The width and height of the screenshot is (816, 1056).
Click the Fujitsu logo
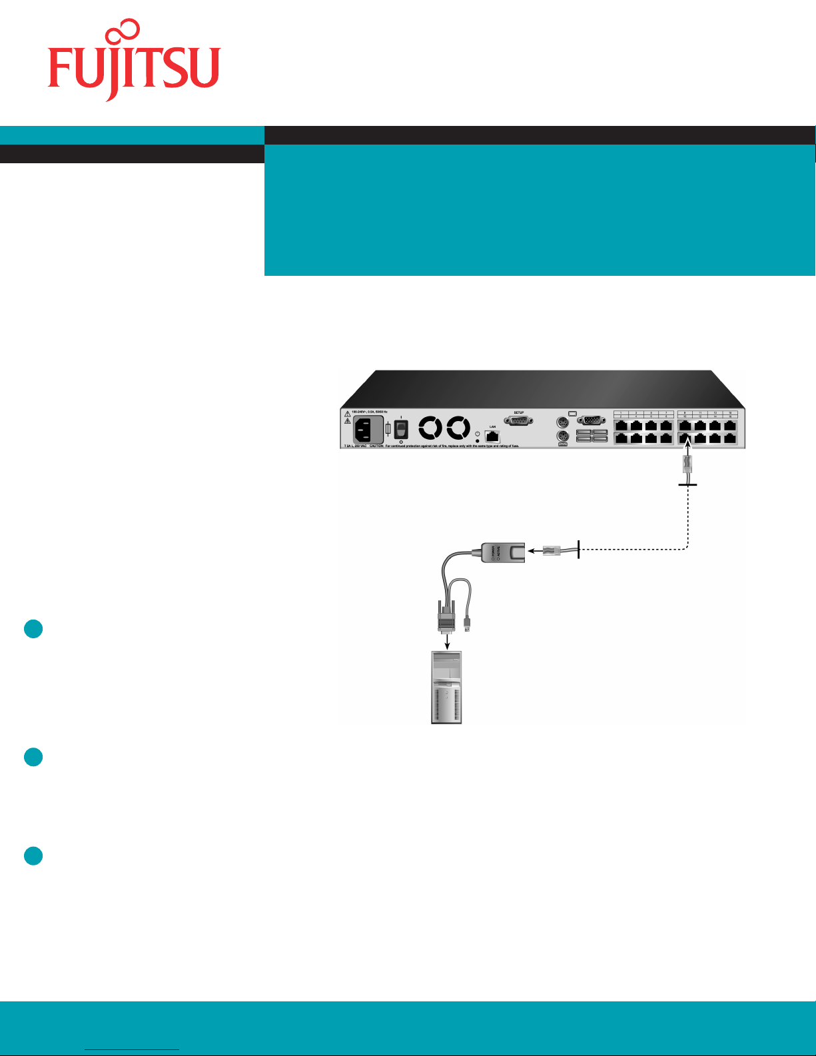[x=133, y=61]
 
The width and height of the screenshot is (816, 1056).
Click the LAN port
[x=492, y=437]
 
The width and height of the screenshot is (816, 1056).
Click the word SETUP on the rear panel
[x=519, y=412]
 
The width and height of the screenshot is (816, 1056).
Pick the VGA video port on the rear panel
[x=590, y=420]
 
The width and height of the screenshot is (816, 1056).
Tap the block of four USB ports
[x=592, y=436]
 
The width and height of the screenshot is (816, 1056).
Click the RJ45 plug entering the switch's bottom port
[x=687, y=464]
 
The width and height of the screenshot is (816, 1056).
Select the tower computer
[x=446, y=687]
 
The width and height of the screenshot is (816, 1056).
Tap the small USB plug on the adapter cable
[x=468, y=625]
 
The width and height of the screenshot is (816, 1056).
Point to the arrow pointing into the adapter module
[x=534, y=551]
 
